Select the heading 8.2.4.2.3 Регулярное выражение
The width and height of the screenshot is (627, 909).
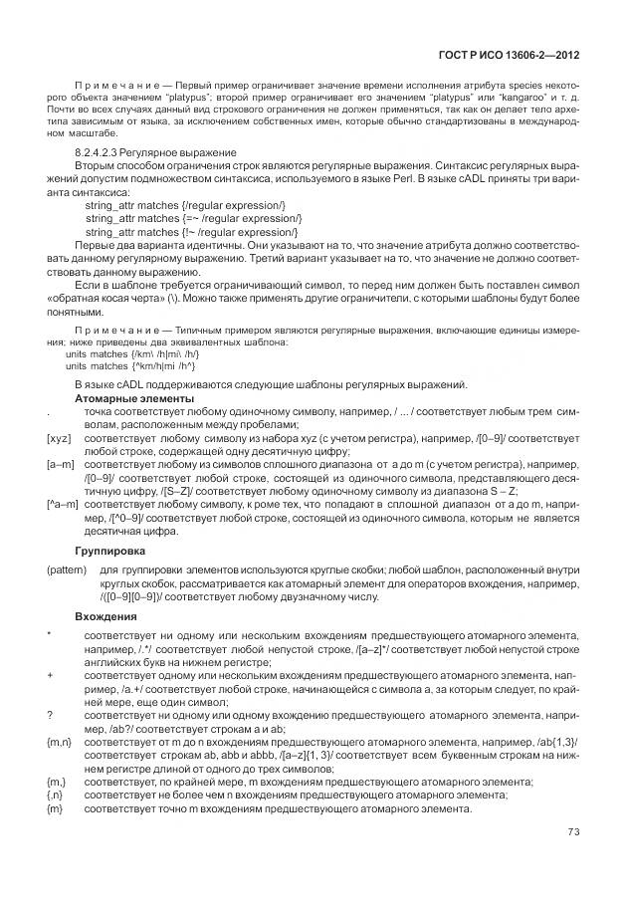156,152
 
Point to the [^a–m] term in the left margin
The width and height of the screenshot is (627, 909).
63,505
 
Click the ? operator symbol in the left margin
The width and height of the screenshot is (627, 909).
50,715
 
